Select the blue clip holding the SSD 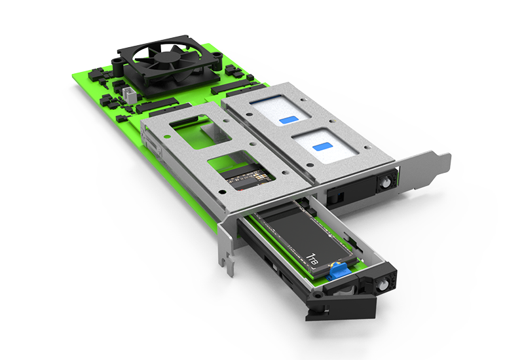point(339,270)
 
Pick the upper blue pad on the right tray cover point(288,120)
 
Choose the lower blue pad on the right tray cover point(322,147)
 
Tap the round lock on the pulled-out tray point(381,285)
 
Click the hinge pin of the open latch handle point(316,295)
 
